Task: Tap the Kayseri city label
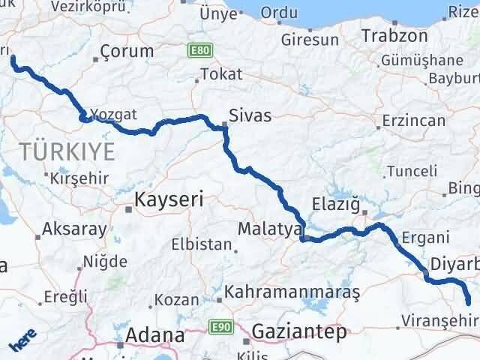169,199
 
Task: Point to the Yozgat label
113,115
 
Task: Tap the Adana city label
156,334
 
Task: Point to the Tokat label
222,74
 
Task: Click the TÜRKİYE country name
68,151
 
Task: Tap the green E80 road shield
200,50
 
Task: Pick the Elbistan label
201,244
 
